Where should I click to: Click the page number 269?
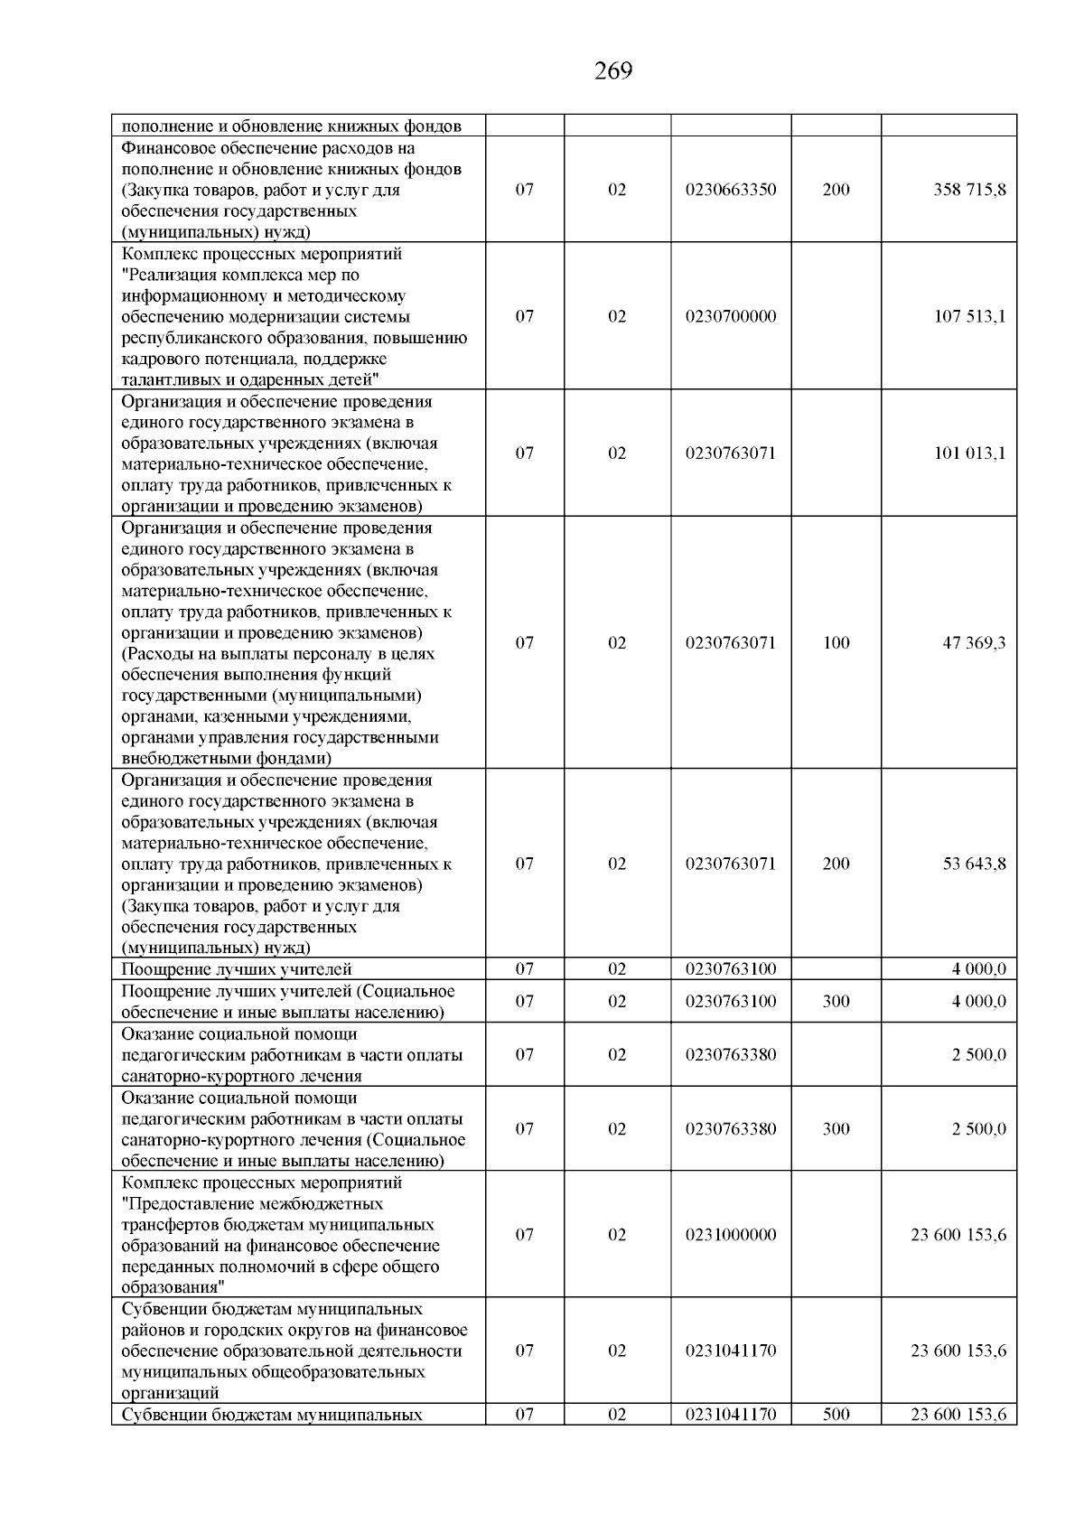[x=613, y=70]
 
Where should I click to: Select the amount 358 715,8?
[x=969, y=190]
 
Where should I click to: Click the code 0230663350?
[x=731, y=190]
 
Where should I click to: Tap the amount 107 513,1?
[x=969, y=316]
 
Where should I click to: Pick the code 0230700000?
[x=731, y=316]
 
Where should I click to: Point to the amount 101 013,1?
[x=969, y=453]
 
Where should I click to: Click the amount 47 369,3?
[x=974, y=642]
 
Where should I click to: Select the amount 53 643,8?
[x=974, y=863]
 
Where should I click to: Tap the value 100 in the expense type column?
[x=836, y=642]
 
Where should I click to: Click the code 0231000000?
[x=731, y=1234]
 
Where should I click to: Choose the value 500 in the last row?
[x=836, y=1415]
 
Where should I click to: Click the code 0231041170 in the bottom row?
[x=731, y=1415]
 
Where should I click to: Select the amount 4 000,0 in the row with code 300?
[x=978, y=1001]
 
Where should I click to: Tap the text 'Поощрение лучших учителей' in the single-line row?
[x=236, y=969]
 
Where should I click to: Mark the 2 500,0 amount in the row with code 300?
[x=978, y=1128]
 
